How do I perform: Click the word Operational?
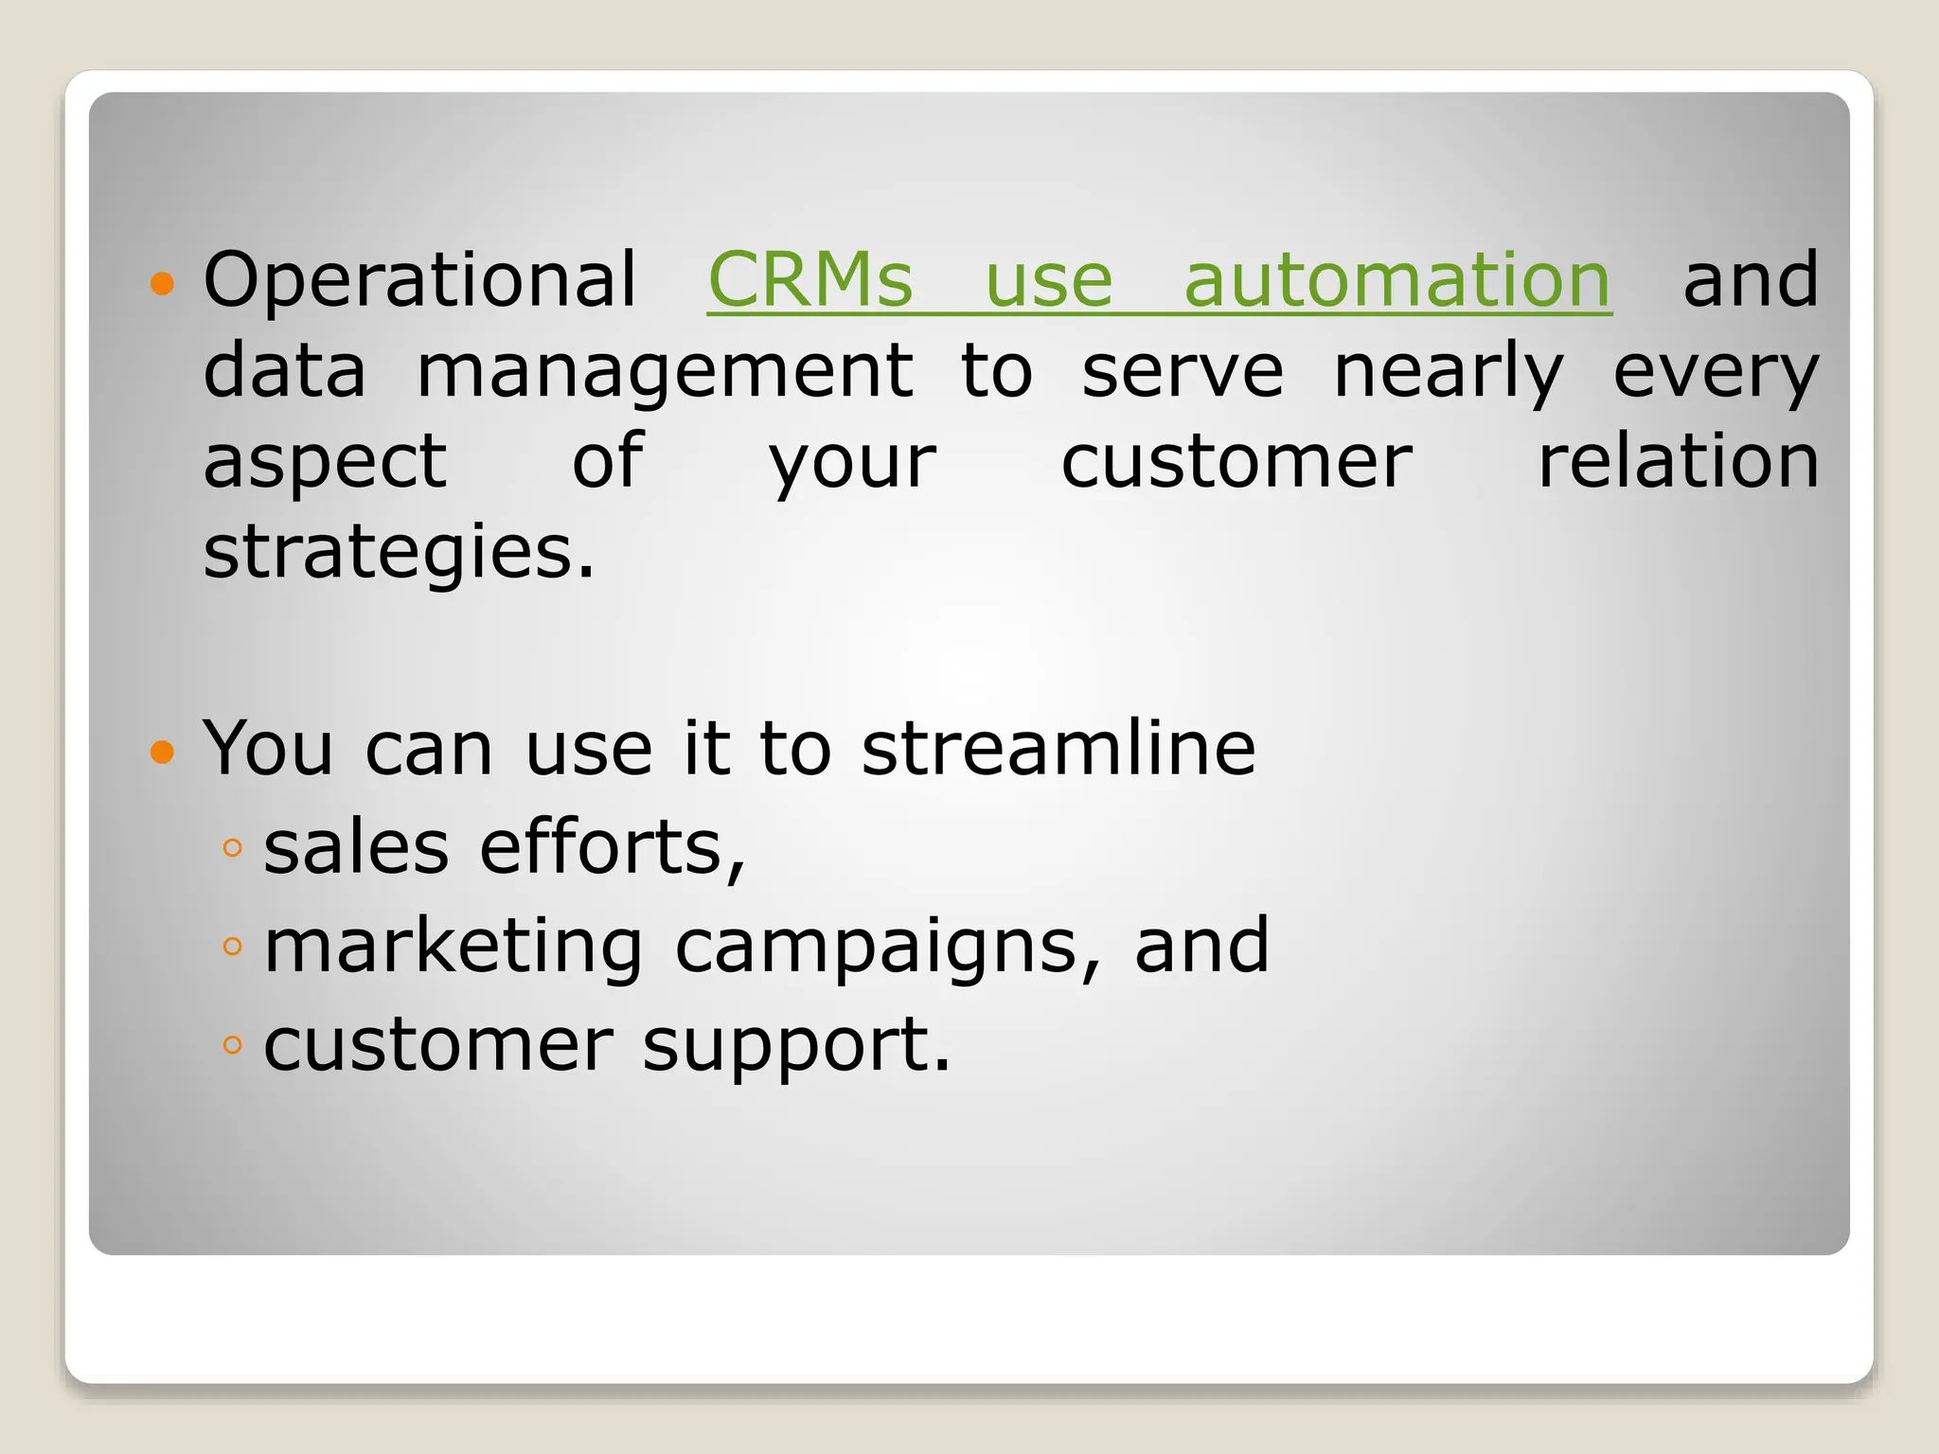(x=419, y=280)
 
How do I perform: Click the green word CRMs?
(x=810, y=280)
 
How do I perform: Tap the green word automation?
(x=1396, y=280)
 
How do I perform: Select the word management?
(x=665, y=371)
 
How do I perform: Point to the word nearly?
(x=1449, y=371)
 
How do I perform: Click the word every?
(x=1716, y=371)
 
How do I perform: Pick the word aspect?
(x=325, y=462)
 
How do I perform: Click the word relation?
(x=1678, y=462)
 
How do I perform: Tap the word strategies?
(x=399, y=552)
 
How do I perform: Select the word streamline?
(x=1058, y=749)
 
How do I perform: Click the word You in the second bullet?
(x=268, y=749)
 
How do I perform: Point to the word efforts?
(x=613, y=847)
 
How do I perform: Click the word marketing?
(x=454, y=946)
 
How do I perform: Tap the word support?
(x=795, y=1045)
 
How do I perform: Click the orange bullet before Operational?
(x=163, y=283)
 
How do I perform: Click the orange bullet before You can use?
(x=163, y=752)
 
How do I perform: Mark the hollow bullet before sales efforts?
(x=232, y=847)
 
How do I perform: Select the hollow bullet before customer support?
(x=232, y=1045)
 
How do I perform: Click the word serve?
(x=1183, y=371)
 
